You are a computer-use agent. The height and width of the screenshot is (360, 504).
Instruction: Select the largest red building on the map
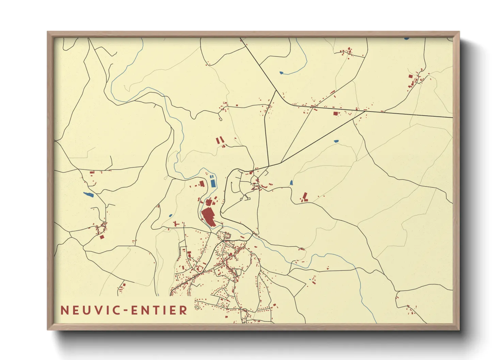208,217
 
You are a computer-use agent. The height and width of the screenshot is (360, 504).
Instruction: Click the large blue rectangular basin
213,183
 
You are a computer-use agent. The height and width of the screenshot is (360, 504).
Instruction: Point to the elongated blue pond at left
89,195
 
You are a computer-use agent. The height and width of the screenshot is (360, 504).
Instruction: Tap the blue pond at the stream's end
281,73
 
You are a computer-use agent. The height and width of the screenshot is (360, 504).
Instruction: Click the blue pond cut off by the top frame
406,39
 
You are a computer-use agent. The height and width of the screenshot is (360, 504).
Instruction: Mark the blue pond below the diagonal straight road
336,141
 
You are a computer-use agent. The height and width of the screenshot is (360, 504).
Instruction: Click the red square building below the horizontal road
335,114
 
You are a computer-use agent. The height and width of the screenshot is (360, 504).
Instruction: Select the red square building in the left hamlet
101,236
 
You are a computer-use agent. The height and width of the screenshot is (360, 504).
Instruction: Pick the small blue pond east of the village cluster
291,183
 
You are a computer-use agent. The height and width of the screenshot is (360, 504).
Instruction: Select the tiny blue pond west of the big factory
170,216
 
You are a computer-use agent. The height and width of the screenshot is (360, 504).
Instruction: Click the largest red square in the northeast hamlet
411,77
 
